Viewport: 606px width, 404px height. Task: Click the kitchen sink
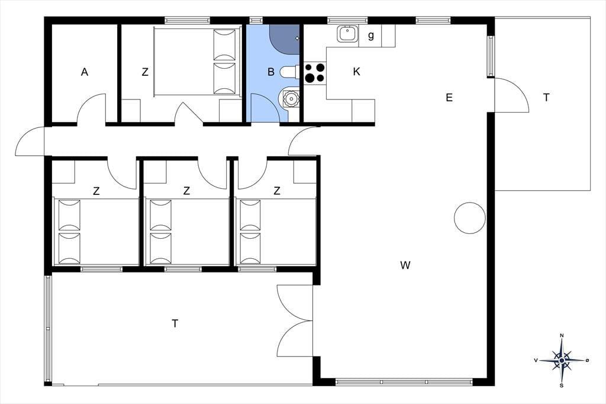[348, 34]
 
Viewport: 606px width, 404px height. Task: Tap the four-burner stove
[315, 73]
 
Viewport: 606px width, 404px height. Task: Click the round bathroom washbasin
[291, 99]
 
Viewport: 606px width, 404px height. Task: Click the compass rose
[562, 360]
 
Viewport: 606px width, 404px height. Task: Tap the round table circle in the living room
[469, 218]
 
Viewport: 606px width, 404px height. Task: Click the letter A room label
[85, 72]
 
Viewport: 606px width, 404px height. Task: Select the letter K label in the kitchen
[356, 72]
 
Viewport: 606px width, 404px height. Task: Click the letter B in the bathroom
[271, 72]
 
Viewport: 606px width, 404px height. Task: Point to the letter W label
[405, 265]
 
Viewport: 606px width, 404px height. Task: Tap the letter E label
[449, 98]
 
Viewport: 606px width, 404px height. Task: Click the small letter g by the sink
[371, 36]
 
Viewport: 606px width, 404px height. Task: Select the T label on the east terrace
[546, 98]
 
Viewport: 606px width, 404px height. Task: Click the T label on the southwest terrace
[175, 323]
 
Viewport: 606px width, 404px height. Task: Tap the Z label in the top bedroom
[145, 72]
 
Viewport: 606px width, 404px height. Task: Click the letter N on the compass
[562, 335]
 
